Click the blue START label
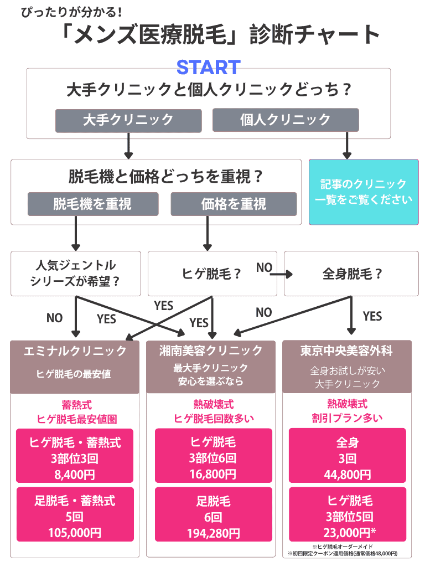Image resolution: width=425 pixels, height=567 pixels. point(208,68)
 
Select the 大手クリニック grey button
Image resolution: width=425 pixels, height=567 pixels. point(128,120)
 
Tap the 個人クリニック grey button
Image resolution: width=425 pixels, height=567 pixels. point(286,120)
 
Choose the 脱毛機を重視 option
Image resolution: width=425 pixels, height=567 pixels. point(92,204)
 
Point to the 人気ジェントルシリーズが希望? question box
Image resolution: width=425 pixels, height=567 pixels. point(75,273)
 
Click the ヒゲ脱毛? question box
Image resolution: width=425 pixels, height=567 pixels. point(212,274)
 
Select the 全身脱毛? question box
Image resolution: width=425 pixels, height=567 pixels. point(351,274)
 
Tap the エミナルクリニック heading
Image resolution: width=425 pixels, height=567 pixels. point(75,351)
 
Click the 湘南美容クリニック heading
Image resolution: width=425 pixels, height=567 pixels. point(211,351)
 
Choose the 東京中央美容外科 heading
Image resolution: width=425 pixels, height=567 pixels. point(347,351)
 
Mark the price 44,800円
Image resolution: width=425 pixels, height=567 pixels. point(347,474)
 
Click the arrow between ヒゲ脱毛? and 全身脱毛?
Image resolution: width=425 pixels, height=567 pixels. point(281,274)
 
